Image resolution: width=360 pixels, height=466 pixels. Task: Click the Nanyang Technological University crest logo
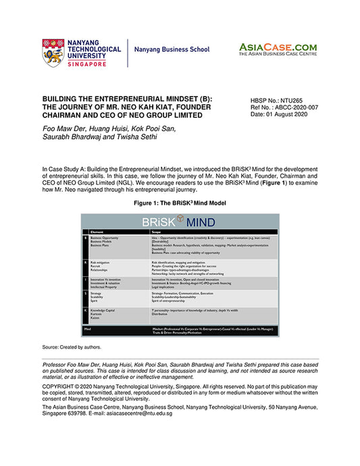click(53, 52)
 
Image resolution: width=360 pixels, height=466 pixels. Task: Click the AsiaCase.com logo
click(277, 49)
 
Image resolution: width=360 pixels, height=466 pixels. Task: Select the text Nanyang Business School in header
click(172, 50)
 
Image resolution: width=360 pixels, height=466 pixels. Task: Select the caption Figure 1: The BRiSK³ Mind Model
click(179, 203)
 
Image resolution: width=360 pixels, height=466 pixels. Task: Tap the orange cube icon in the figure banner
click(180, 219)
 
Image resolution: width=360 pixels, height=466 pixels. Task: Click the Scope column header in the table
click(157, 232)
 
